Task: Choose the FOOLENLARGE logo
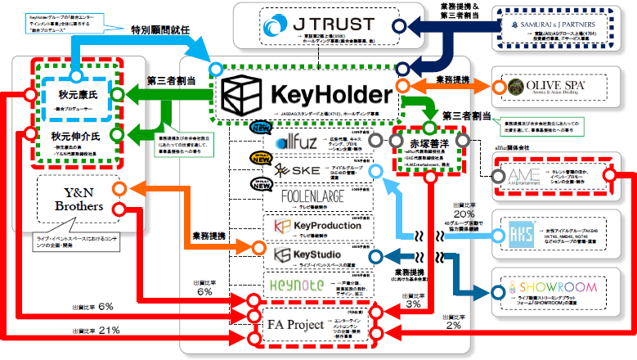point(304,197)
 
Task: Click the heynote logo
point(298,284)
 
